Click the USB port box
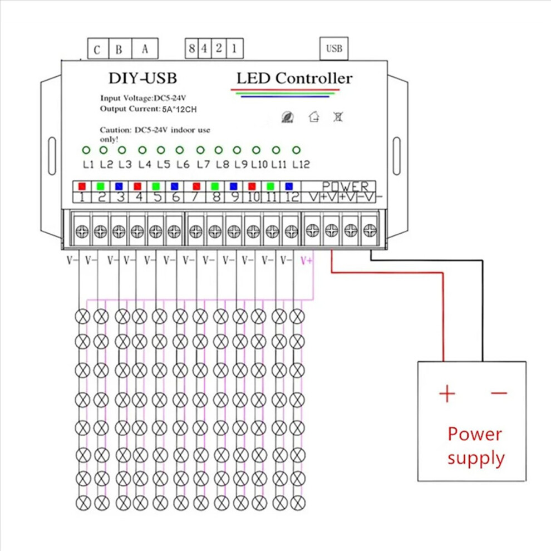tap(334, 48)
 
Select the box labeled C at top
tap(98, 49)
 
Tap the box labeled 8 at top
tap(191, 48)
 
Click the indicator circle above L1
tap(86, 150)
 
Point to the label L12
tap(301, 164)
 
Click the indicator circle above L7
tap(200, 150)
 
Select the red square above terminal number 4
tap(137, 186)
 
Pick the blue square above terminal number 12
tap(289, 186)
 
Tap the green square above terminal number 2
tap(101, 186)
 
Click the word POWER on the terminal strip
tap(345, 186)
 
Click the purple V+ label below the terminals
tap(307, 260)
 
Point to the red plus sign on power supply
tap(447, 393)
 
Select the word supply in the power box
tap(476, 459)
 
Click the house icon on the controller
tap(314, 116)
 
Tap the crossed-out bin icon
tap(338, 117)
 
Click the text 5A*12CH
tap(179, 109)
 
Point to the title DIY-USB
tap(142, 78)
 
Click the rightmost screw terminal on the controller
tap(370, 230)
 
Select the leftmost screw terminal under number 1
tap(82, 231)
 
